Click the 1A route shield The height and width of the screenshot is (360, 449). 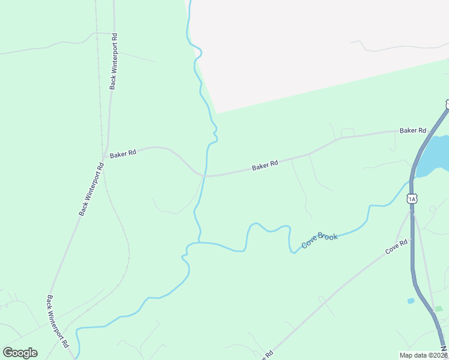pyautogui.click(x=411, y=199)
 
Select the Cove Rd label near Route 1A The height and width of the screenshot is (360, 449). pyautogui.click(x=396, y=245)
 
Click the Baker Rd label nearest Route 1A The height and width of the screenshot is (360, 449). pyautogui.click(x=412, y=130)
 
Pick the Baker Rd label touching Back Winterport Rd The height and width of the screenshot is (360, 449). pyautogui.click(x=123, y=154)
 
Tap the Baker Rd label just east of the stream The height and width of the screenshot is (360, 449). pyautogui.click(x=265, y=165)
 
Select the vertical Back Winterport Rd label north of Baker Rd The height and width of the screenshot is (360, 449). pyautogui.click(x=113, y=61)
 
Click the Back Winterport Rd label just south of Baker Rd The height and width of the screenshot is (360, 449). pyautogui.click(x=91, y=188)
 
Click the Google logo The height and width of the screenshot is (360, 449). pyautogui.click(x=20, y=353)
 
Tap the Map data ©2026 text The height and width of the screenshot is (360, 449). pyautogui.click(x=423, y=355)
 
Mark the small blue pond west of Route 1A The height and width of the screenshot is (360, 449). pyautogui.click(x=411, y=300)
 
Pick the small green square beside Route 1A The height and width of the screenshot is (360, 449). pyautogui.click(x=439, y=308)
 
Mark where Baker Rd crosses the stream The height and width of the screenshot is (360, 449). pyautogui.click(x=205, y=176)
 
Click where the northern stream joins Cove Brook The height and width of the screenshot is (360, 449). pyautogui.click(x=198, y=242)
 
